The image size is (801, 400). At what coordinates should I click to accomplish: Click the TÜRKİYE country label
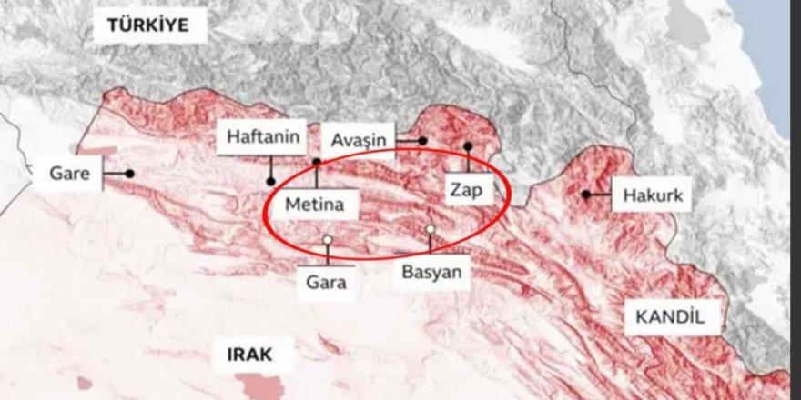147,25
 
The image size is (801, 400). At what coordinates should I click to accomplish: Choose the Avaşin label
359,140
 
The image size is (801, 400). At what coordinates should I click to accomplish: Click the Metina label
315,205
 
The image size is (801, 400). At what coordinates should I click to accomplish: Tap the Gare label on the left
68,173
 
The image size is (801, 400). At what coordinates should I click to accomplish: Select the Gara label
327,282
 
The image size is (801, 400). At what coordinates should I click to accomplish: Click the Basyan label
432,271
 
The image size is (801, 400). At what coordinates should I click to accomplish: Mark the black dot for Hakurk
585,194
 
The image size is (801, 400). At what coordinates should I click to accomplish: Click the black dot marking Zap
468,145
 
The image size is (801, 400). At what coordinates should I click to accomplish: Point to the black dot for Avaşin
423,141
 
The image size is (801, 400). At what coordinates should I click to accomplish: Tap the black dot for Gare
130,173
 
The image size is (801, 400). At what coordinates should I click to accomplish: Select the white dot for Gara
327,240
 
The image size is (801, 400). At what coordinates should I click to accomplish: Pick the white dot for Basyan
430,229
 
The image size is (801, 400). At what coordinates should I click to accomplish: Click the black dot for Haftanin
271,181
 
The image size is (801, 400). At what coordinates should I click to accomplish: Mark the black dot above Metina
317,163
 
